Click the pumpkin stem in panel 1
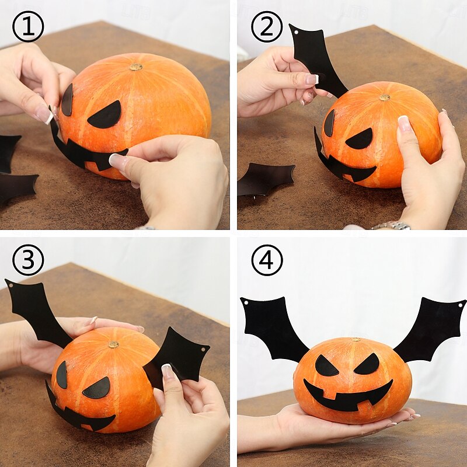(x=136, y=67)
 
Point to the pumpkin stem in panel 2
(x=384, y=97)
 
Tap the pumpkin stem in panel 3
(x=113, y=344)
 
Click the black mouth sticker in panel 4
(x=348, y=397)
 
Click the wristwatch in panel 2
(x=391, y=225)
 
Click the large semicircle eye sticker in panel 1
(x=106, y=116)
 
